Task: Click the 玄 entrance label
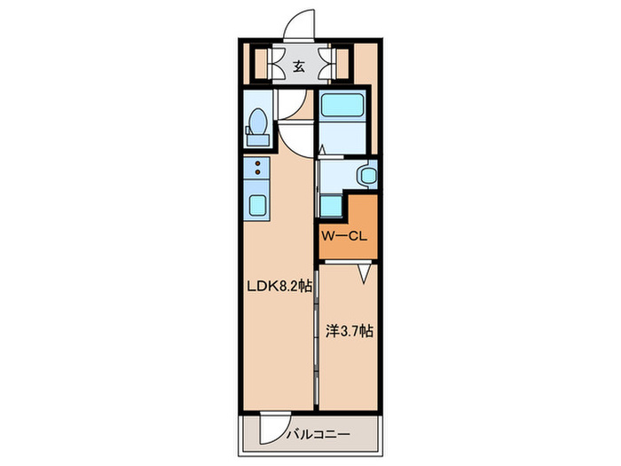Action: (x=299, y=67)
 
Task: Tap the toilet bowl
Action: (x=258, y=122)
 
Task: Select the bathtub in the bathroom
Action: (x=342, y=105)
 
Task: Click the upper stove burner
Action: (x=258, y=163)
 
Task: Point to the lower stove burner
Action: (x=258, y=171)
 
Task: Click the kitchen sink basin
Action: (x=257, y=206)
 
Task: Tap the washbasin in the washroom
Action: (x=368, y=175)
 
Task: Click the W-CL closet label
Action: (x=344, y=237)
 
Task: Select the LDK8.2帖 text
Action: (x=279, y=286)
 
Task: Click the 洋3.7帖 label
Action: (x=350, y=331)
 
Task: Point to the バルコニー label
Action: (x=318, y=434)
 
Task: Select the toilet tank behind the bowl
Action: (x=258, y=140)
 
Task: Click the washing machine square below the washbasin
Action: (x=331, y=206)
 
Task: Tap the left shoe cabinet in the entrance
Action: (x=261, y=64)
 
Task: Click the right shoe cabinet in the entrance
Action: (x=342, y=64)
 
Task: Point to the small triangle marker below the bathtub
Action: (x=322, y=150)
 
